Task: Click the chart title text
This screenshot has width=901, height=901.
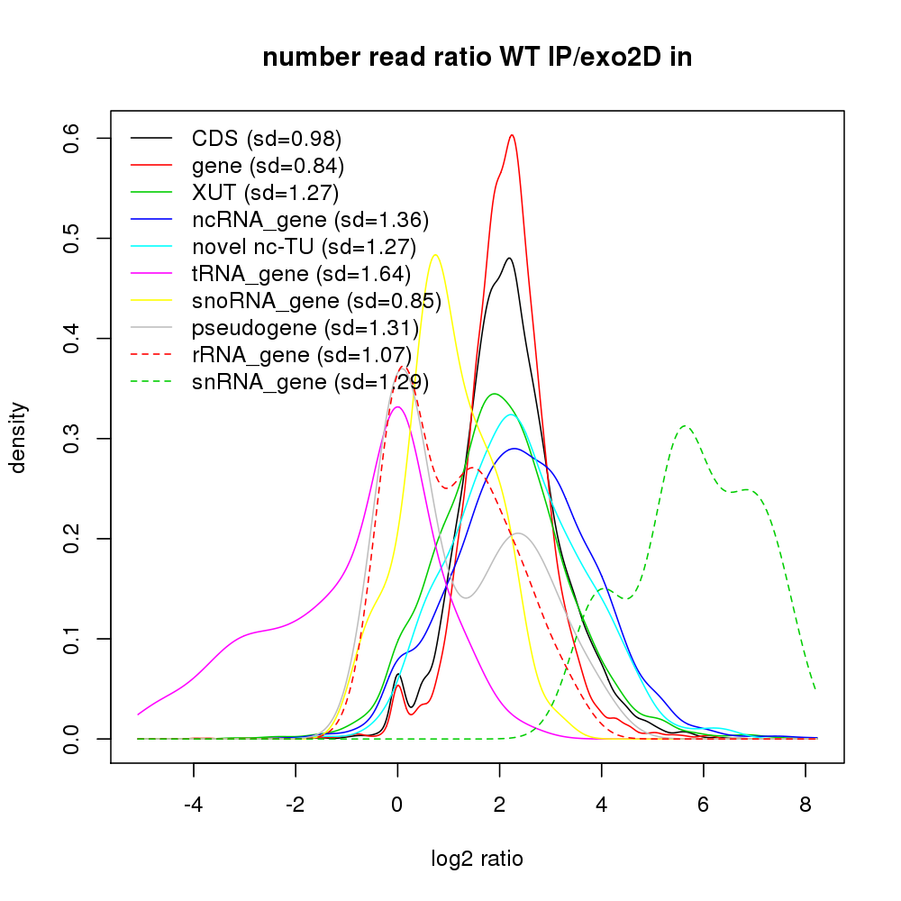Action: (x=477, y=59)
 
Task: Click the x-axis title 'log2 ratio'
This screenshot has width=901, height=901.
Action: (x=477, y=859)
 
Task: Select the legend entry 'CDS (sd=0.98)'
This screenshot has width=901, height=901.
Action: (x=267, y=139)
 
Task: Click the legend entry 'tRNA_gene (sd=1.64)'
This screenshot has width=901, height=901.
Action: (x=301, y=273)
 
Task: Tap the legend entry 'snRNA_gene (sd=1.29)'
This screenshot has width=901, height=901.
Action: (x=310, y=382)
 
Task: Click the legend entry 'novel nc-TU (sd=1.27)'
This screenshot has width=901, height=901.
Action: (x=304, y=246)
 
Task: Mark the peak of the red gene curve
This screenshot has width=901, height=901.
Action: (x=512, y=135)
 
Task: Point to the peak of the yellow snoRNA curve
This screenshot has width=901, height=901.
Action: (x=435, y=254)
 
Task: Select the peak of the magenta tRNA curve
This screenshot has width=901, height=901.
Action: (x=397, y=406)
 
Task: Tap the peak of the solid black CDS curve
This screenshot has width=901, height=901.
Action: (x=510, y=258)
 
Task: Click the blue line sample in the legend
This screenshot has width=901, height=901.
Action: (x=151, y=219)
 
